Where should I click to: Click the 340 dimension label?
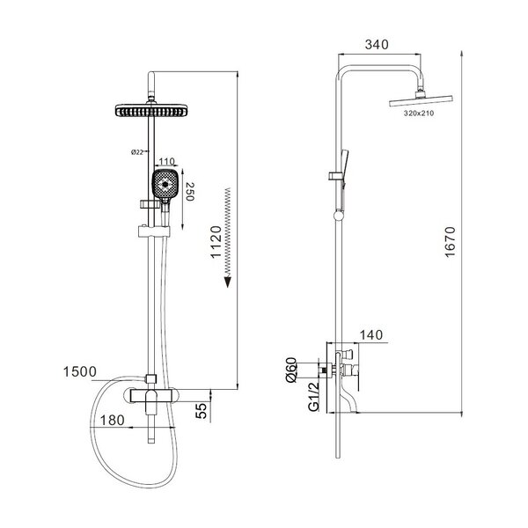[377, 45]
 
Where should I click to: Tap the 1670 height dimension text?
[451, 242]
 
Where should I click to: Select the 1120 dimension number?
[216, 242]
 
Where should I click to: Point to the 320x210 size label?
[419, 114]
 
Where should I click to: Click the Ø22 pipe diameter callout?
[137, 152]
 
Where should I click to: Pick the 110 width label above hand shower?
[166, 162]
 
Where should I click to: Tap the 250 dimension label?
[190, 192]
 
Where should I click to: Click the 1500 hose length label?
[80, 371]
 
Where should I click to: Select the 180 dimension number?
[112, 421]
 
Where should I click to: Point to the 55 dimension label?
[202, 411]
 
